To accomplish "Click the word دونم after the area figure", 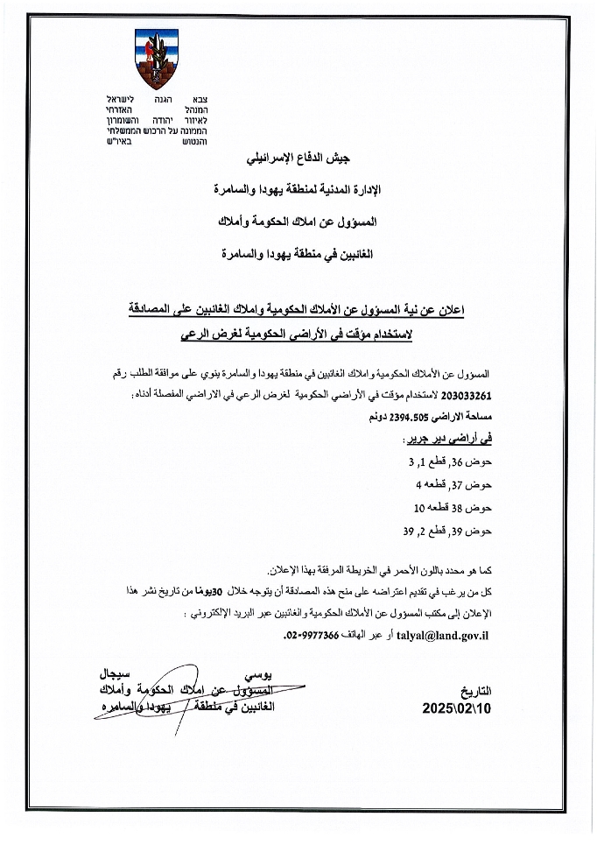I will coord(360,418).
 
